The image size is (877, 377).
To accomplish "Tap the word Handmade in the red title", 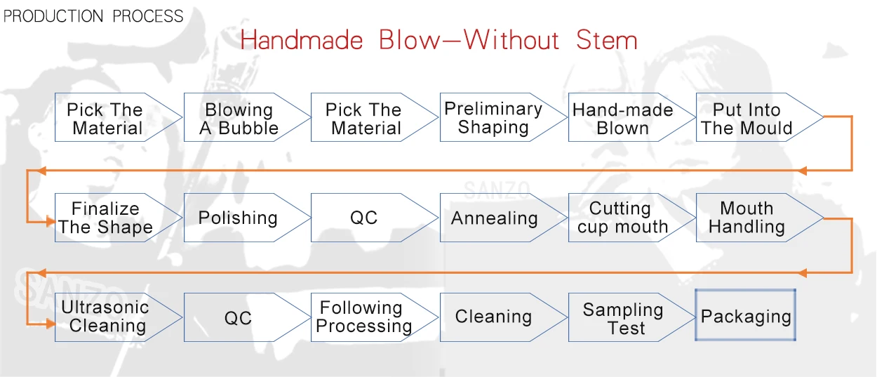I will click(302, 40).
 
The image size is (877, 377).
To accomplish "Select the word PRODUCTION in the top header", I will click(48, 16).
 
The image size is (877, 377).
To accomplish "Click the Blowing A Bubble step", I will click(239, 119).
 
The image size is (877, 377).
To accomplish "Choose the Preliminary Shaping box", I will click(493, 118).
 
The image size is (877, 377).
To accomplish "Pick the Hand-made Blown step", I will click(622, 119).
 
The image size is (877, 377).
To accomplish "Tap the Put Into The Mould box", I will click(747, 119).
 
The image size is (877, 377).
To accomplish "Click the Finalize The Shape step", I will click(106, 218).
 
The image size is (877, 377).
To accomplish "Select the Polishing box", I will click(238, 218).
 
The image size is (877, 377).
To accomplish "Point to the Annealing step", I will click(494, 218).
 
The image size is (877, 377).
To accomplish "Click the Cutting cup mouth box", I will click(622, 218).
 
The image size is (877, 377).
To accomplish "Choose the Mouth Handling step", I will click(747, 218).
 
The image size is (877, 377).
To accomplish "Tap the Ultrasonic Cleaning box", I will click(105, 317).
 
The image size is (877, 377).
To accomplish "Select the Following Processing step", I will click(364, 317).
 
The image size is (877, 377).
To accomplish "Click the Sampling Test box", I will click(622, 317).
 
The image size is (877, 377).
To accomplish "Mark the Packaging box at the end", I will click(746, 316).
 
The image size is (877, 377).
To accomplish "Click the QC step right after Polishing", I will click(364, 218).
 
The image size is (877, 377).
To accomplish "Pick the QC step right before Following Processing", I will click(238, 318).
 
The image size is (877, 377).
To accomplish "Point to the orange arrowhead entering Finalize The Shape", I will click(51, 222).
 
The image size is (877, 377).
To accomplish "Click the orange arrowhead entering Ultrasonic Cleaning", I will click(51, 324).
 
